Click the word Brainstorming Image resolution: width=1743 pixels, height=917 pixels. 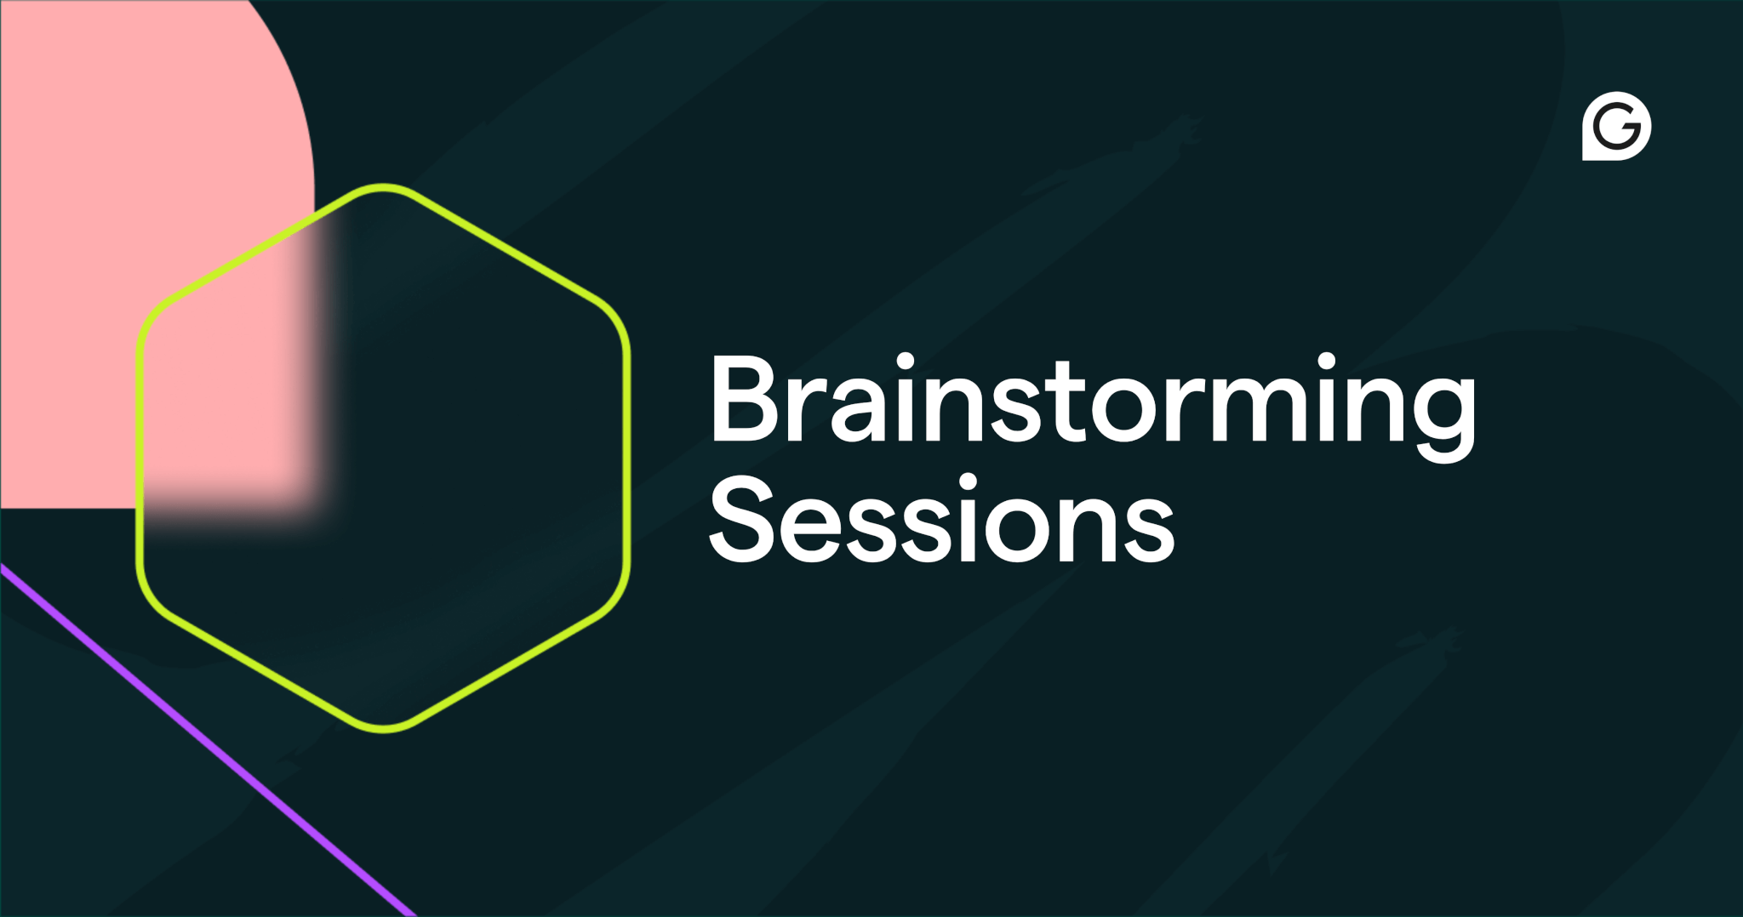click(x=1093, y=400)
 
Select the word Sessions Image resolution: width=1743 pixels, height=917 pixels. click(x=941, y=521)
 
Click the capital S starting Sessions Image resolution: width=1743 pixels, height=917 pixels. click(x=741, y=521)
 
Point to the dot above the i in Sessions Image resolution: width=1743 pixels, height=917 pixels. click(x=968, y=484)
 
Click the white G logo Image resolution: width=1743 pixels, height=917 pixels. click(x=1616, y=126)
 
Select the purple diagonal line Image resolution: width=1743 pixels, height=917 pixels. click(x=209, y=740)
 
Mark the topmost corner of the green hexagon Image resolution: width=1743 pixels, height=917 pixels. click(x=383, y=187)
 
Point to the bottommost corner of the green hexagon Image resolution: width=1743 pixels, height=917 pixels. click(x=384, y=728)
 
